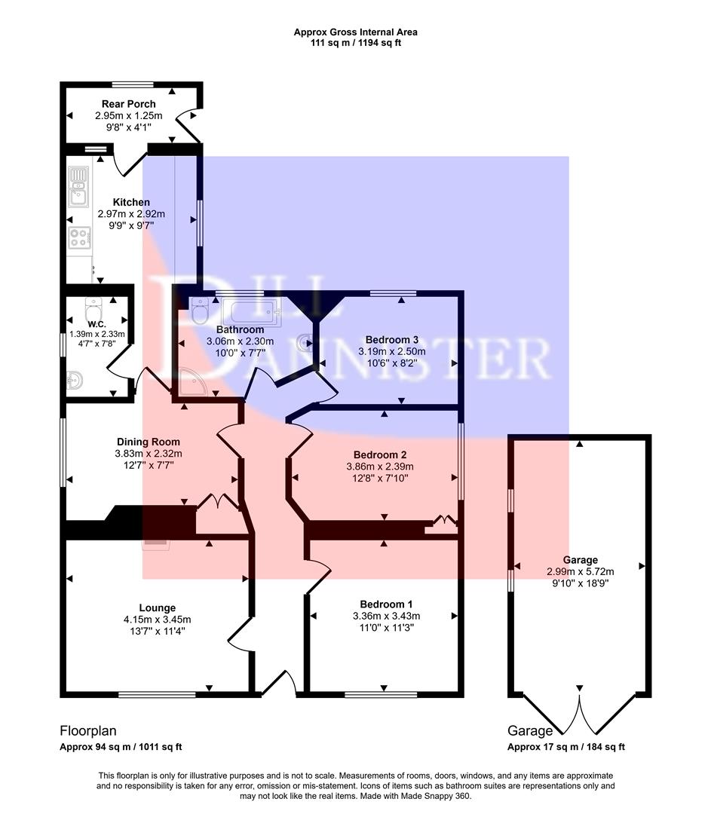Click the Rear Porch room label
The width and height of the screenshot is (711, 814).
(128, 104)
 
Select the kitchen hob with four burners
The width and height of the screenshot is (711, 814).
(79, 237)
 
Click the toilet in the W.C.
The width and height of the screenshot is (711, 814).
(93, 309)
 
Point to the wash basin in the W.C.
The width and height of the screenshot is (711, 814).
(74, 381)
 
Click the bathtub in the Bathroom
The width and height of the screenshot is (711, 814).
(251, 309)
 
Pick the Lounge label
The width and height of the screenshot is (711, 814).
(157, 607)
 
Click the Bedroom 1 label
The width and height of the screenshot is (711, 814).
(386, 604)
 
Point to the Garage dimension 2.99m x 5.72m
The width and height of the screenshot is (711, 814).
(580, 571)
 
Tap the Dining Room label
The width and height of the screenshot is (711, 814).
(149, 442)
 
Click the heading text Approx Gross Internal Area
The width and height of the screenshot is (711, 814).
(355, 32)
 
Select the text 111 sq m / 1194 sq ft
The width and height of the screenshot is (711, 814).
(355, 43)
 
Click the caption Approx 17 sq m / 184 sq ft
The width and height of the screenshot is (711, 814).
(566, 747)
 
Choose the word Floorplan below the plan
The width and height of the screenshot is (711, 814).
(88, 730)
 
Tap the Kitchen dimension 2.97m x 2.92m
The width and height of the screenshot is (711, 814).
(131, 214)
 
